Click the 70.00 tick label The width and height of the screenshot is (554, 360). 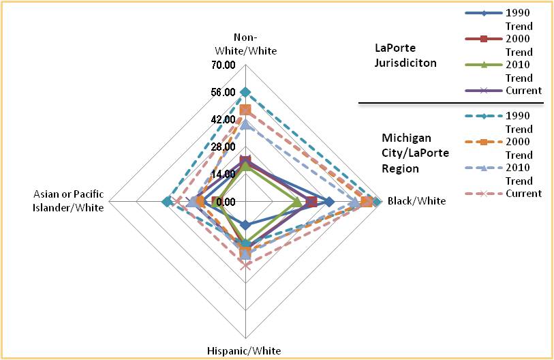pyautogui.click(x=224, y=65)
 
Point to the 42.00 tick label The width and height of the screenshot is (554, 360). pyautogui.click(x=224, y=120)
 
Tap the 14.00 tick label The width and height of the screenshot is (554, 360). pyautogui.click(x=224, y=174)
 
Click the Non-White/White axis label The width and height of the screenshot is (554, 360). pyautogui.click(x=246, y=44)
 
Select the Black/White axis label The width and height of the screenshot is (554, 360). pyautogui.click(x=416, y=201)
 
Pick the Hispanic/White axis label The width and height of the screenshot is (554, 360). pyautogui.click(x=243, y=350)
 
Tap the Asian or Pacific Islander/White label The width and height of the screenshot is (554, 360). pyautogui.click(x=69, y=201)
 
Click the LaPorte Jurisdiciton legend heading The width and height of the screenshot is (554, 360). pyautogui.click(x=405, y=55)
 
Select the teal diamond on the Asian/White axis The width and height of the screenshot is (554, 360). pyautogui.click(x=167, y=201)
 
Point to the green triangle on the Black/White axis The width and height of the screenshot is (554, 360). pyautogui.click(x=297, y=201)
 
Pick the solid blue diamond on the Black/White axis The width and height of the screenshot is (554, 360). pyautogui.click(x=329, y=201)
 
